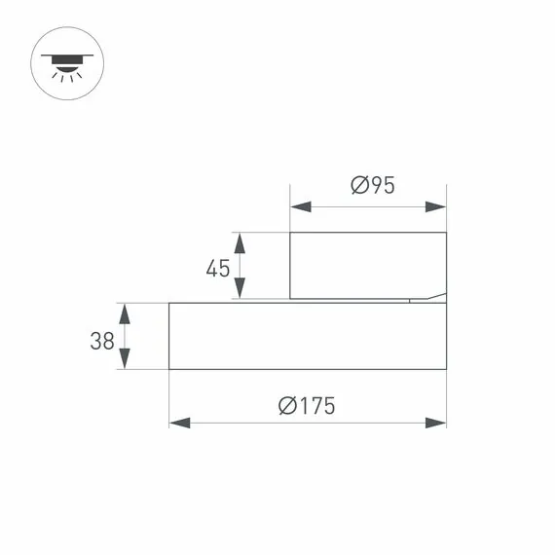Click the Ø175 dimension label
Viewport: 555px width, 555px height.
tap(306, 406)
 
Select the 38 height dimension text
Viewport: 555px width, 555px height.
tap(101, 341)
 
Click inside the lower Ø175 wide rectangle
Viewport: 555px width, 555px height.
tap(307, 336)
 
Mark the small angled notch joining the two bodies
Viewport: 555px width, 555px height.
tap(428, 298)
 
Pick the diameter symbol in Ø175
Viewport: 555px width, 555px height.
tap(286, 406)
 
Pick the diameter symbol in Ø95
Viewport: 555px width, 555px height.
tap(357, 185)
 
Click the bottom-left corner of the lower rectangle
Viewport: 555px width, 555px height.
tap(169, 369)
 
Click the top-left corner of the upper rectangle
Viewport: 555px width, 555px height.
tap(290, 233)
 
